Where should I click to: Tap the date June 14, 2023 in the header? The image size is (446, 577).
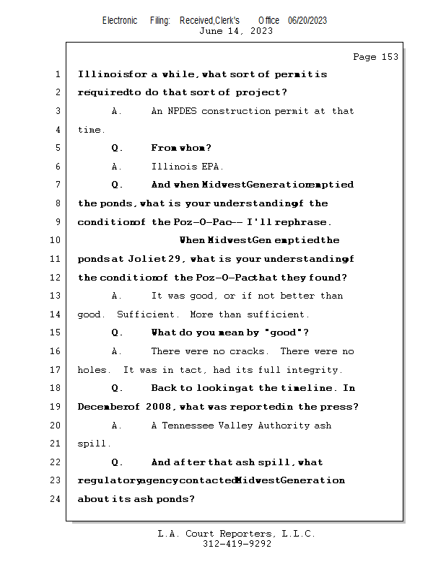click(236, 31)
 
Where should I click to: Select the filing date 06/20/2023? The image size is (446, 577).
click(307, 21)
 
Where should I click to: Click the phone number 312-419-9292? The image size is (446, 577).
click(236, 544)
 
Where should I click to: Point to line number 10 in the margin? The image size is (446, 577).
click(56, 240)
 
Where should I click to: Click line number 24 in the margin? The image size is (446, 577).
click(56, 499)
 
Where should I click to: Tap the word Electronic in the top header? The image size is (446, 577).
click(120, 21)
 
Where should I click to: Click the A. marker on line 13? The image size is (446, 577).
click(117, 296)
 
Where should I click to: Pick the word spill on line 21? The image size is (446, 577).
click(92, 444)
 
